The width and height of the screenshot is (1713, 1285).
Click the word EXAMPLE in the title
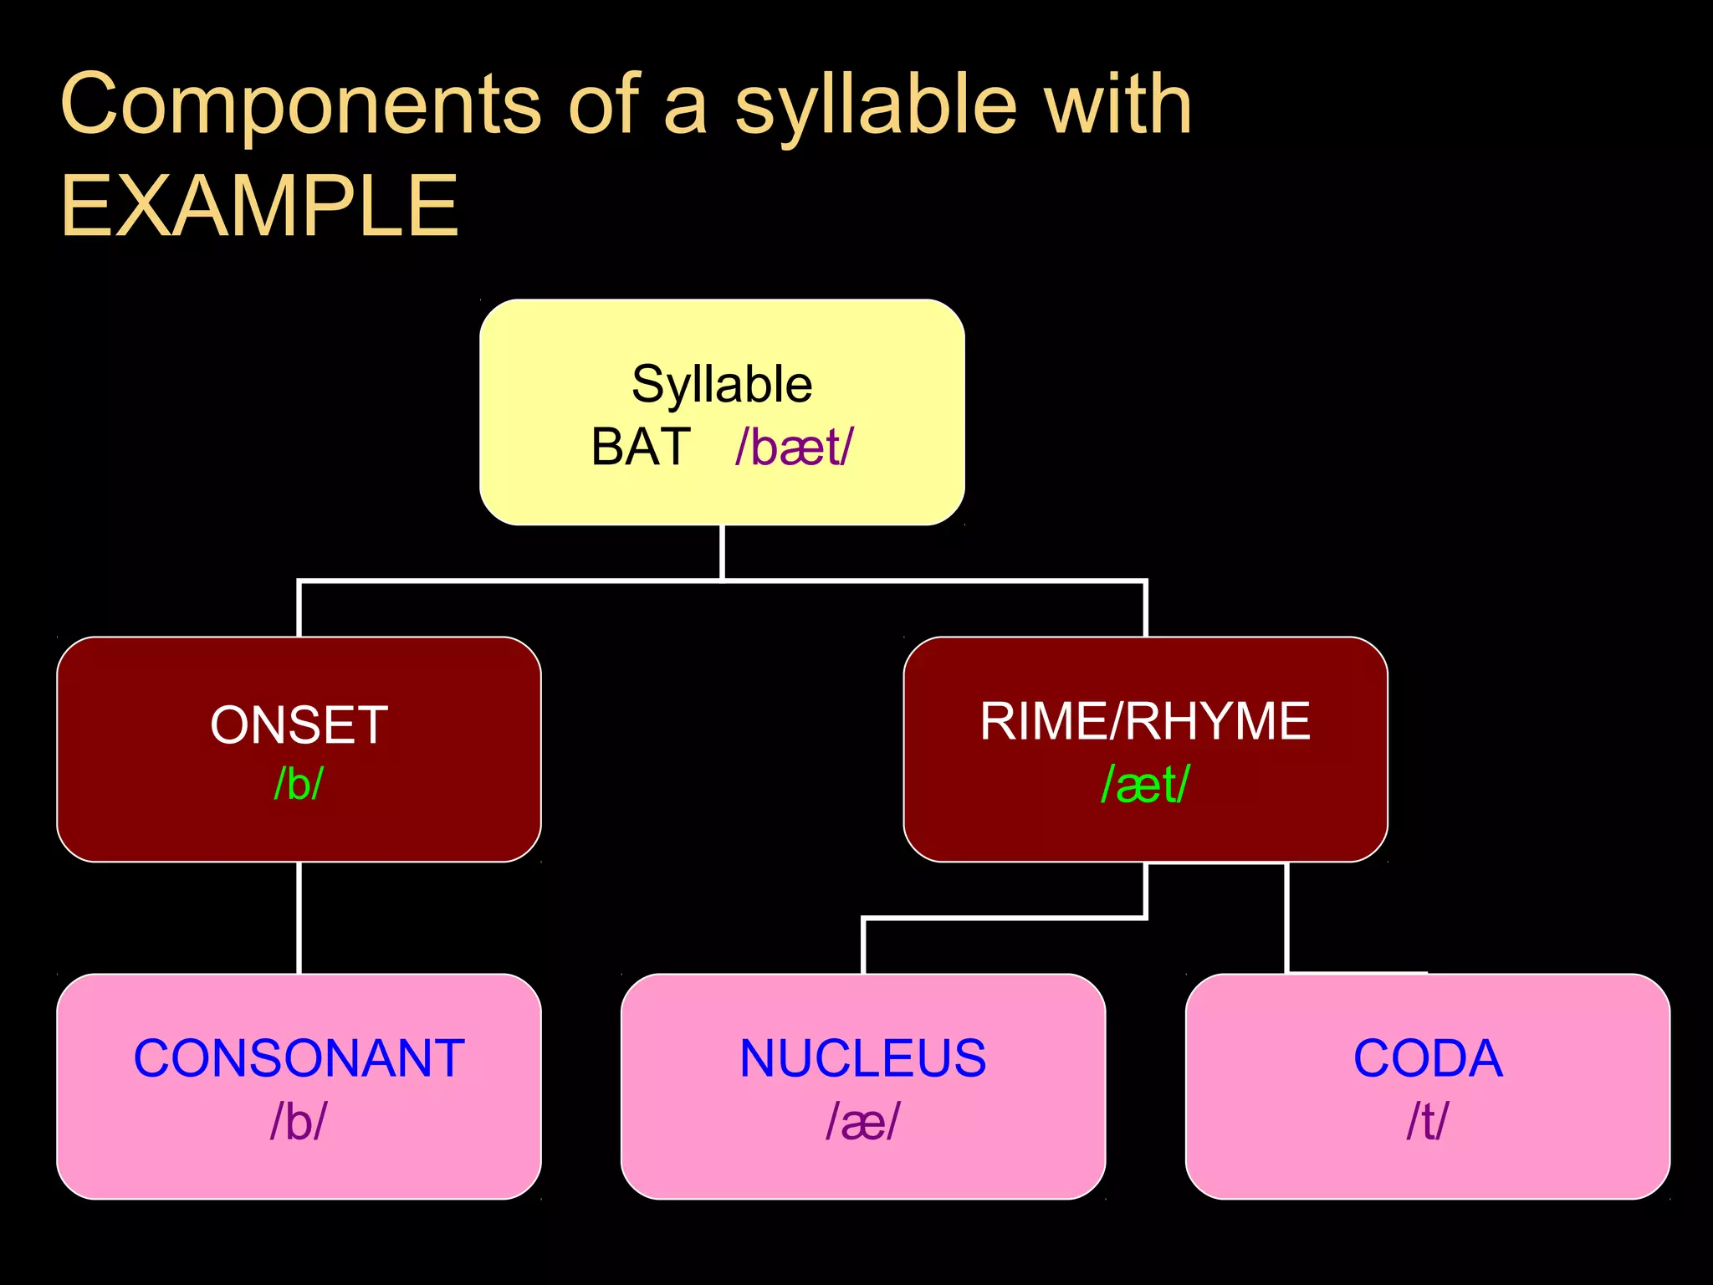pyautogui.click(x=260, y=207)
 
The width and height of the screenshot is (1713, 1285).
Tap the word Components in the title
pyautogui.click(x=302, y=105)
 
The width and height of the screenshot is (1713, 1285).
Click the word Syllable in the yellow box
pyautogui.click(x=722, y=385)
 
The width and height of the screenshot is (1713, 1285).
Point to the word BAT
pyautogui.click(x=641, y=447)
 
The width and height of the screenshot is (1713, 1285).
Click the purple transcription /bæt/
pyautogui.click(x=794, y=448)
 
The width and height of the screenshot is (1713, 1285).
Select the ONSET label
pyautogui.click(x=299, y=724)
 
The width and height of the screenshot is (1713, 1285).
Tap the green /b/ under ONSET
pyautogui.click(x=299, y=784)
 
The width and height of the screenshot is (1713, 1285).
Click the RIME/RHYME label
pyautogui.click(x=1145, y=721)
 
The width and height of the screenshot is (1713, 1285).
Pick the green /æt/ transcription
pyautogui.click(x=1145, y=785)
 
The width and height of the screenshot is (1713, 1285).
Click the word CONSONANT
pyautogui.click(x=299, y=1058)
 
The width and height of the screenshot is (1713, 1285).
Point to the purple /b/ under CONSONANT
pyautogui.click(x=299, y=1121)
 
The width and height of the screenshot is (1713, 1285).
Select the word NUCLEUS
pyautogui.click(x=862, y=1058)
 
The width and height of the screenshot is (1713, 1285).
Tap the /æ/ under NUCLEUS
pyautogui.click(x=862, y=1121)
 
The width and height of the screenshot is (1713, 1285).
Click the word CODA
pyautogui.click(x=1427, y=1058)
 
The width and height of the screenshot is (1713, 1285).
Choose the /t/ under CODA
pyautogui.click(x=1427, y=1121)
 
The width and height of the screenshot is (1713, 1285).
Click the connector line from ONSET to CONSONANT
pyautogui.click(x=299, y=918)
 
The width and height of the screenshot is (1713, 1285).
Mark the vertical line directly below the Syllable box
pyautogui.click(x=722, y=552)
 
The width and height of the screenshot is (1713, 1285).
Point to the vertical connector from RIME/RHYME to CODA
pyautogui.click(x=1286, y=918)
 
